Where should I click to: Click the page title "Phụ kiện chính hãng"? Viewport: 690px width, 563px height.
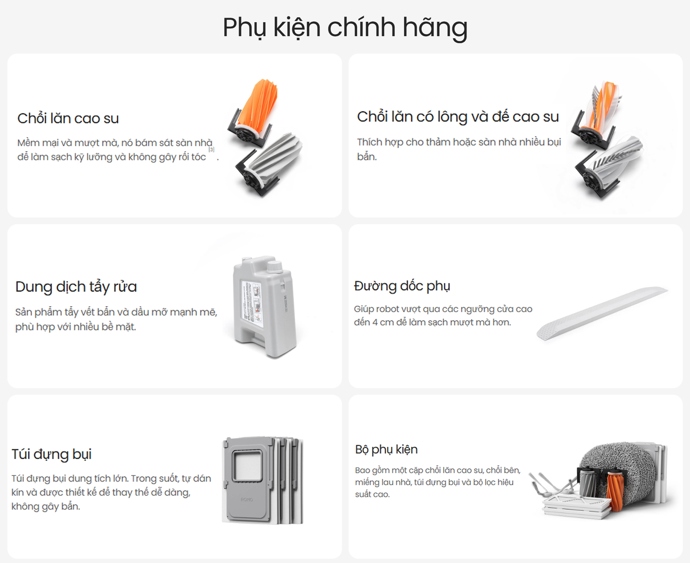(x=345, y=27)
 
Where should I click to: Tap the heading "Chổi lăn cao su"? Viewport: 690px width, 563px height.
(x=68, y=118)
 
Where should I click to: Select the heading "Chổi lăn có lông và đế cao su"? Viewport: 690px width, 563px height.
(x=457, y=117)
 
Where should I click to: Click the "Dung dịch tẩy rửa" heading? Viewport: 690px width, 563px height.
(x=76, y=287)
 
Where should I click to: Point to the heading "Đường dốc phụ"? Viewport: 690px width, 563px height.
(x=402, y=286)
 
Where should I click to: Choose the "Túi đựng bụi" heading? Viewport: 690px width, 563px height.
(x=51, y=454)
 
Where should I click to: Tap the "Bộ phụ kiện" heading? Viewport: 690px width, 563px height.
(x=386, y=449)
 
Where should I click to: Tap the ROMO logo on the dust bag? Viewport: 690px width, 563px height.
(x=247, y=500)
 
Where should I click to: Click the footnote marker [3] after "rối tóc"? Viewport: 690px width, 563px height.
(x=211, y=149)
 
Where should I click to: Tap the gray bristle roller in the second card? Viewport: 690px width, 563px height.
(x=615, y=162)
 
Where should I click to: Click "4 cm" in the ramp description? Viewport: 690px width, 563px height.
(x=383, y=322)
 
